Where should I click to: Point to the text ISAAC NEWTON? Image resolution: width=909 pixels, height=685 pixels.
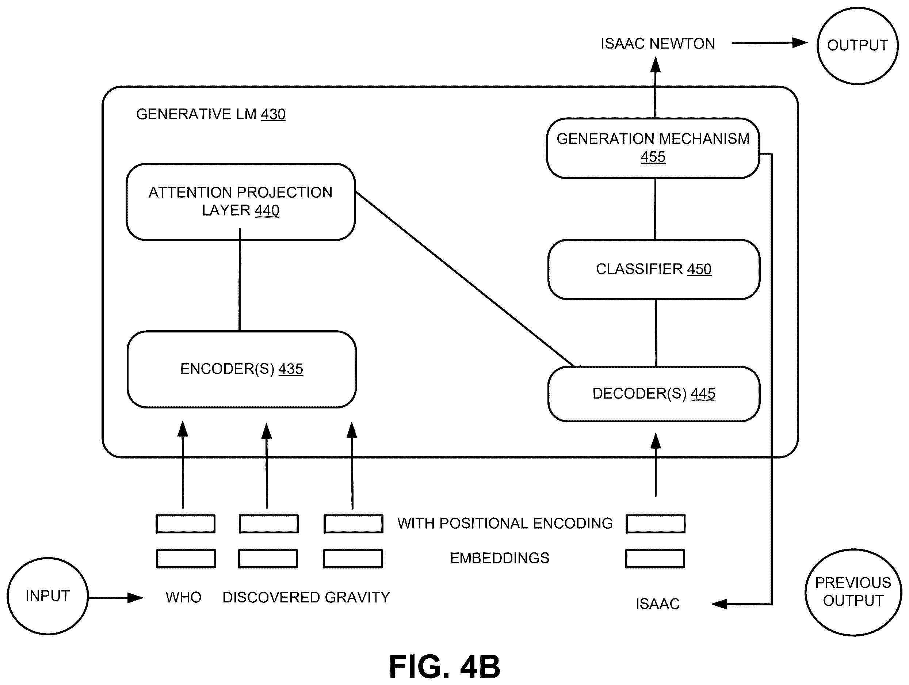[657, 43]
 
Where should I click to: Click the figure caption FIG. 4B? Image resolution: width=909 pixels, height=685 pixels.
[444, 666]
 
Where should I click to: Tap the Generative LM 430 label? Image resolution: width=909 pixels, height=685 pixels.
[211, 114]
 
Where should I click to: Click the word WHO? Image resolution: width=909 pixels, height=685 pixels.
[183, 597]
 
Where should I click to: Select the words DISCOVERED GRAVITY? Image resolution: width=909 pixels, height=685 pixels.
[306, 597]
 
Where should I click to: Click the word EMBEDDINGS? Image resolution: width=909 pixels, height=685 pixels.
[500, 558]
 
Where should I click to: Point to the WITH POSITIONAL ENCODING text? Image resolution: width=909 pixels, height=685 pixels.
[505, 523]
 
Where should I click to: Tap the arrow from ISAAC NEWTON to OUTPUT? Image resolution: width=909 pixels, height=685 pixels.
[770, 43]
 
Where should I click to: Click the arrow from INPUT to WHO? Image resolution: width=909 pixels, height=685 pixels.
[116, 597]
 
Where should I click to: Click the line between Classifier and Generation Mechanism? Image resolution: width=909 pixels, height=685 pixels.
[655, 209]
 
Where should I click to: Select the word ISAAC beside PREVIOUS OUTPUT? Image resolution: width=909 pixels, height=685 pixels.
[657, 604]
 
